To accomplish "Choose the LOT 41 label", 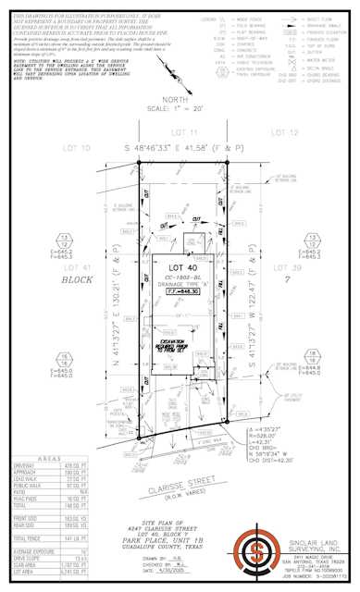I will click(x=38, y=267).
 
